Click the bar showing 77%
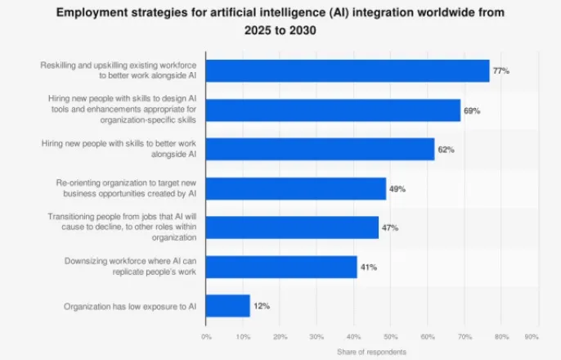pos(348,71)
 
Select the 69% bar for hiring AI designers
pos(333,110)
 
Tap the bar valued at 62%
pos(321,149)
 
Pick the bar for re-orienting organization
pos(296,188)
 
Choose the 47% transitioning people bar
pos(292,227)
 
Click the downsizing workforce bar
pos(281,267)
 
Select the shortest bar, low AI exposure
pos(228,306)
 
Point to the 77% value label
pos(500,71)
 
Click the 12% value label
pos(262,306)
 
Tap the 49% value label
pos(397,188)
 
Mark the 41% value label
pos(369,267)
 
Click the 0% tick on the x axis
pos(206,337)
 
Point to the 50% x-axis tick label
pos(391,337)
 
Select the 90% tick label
pos(532,337)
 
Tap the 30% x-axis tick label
pos(316,337)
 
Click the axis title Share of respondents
pos(371,352)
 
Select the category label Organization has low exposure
pos(130,307)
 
